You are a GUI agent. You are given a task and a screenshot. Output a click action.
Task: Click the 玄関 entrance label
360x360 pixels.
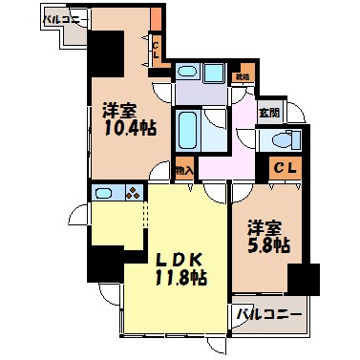(x=269, y=112)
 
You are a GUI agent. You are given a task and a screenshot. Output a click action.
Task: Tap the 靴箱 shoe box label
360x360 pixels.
(x=244, y=77)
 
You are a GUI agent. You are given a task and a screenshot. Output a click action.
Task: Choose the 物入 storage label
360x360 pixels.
(x=184, y=171)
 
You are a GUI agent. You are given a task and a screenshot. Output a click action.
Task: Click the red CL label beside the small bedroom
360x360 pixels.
(x=284, y=170)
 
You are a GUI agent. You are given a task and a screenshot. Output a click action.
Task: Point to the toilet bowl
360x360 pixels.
(x=282, y=139)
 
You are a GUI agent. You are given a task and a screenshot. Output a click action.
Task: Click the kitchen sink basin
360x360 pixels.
(x=105, y=193)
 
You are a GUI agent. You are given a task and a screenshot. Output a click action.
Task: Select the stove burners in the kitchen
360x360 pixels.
(x=131, y=193)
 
